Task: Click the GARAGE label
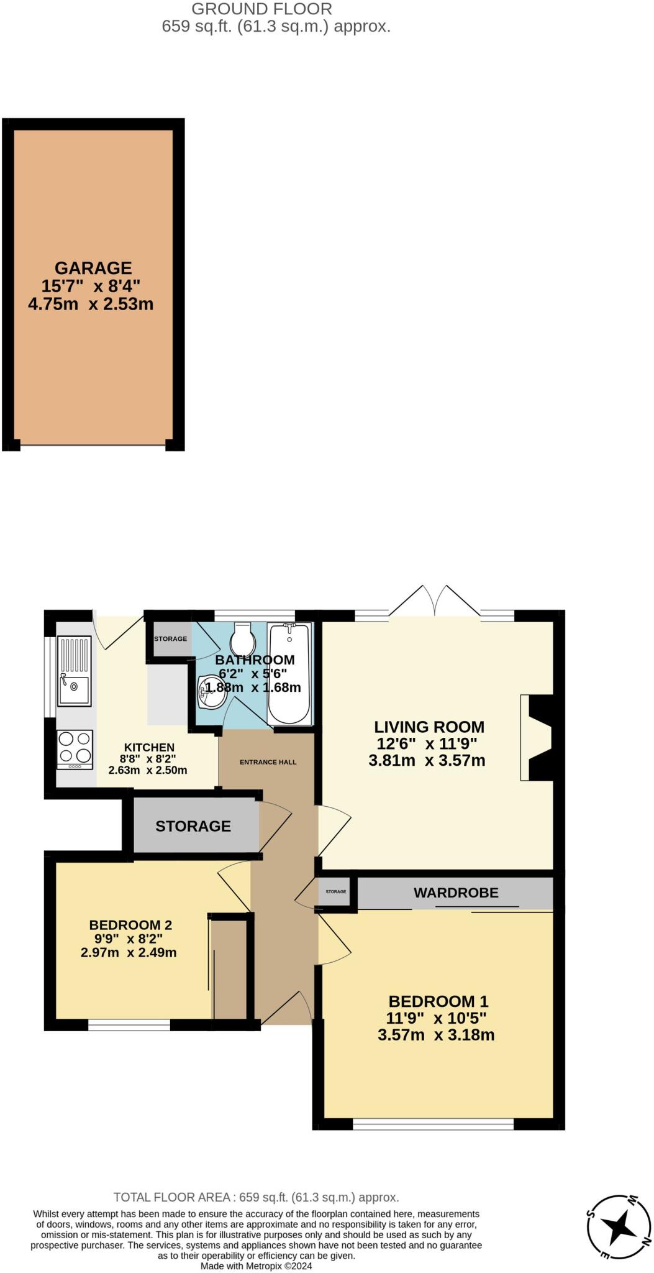(93, 268)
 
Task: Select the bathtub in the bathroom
(289, 674)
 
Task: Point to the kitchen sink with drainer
(74, 672)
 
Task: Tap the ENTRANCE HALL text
(268, 762)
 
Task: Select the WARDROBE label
(456, 893)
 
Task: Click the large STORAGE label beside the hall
(193, 826)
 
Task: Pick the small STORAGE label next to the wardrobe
(336, 891)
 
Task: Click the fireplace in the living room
(537, 737)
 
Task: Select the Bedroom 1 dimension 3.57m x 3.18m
(436, 1035)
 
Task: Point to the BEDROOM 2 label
(130, 925)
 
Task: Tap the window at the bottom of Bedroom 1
(433, 1124)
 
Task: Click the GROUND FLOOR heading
(261, 9)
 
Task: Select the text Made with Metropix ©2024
(256, 1266)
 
